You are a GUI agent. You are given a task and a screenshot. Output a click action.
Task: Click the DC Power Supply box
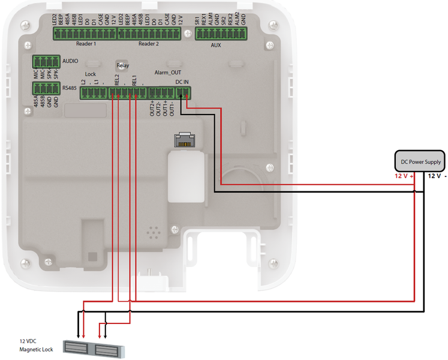pos(420,161)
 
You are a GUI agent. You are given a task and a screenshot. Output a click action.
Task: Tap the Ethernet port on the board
pos(183,139)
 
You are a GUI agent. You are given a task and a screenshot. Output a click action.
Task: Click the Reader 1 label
pos(86,44)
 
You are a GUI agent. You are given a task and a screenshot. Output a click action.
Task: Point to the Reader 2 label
pos(148,44)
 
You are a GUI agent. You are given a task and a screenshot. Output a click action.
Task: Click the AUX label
pos(217,45)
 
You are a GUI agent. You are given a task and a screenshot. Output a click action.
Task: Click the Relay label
pos(122,65)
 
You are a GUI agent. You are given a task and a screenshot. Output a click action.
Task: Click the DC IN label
pos(182,82)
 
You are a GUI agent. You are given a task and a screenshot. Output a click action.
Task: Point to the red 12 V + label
pos(404,177)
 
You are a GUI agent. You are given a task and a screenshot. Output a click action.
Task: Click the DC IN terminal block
pos(182,92)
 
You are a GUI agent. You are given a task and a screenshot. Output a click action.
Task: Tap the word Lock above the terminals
pos(91,74)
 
